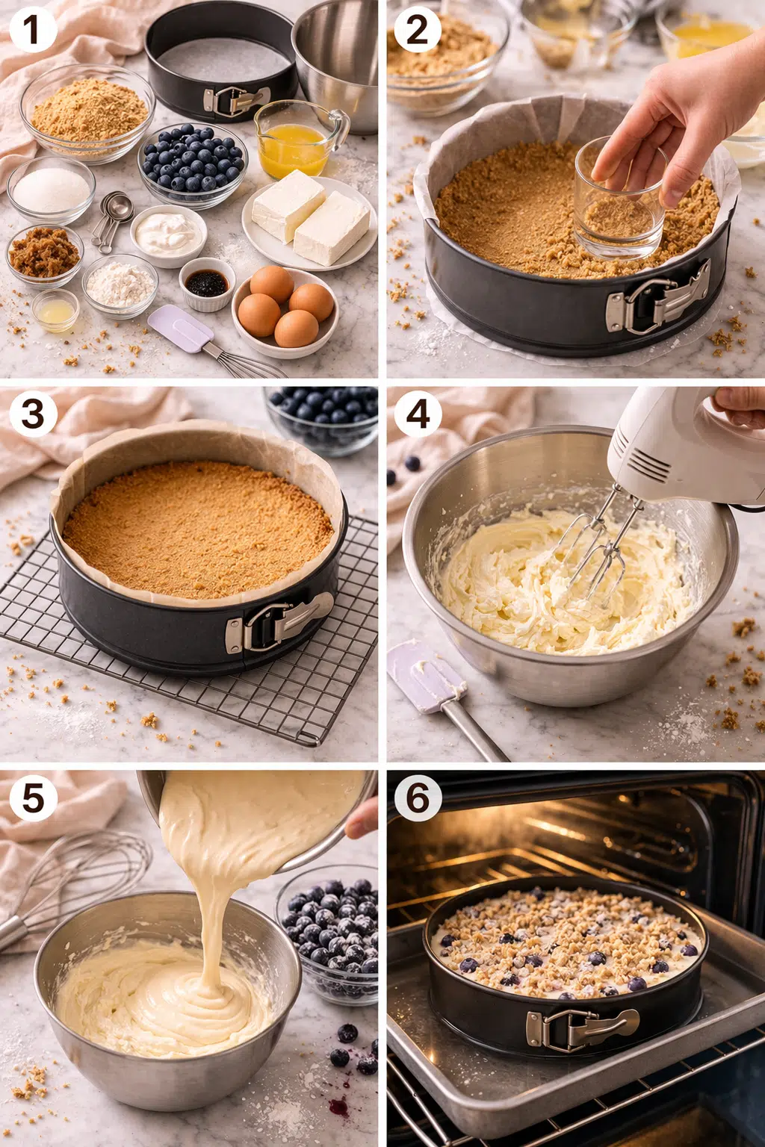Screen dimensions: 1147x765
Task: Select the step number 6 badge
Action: pyautogui.click(x=418, y=798)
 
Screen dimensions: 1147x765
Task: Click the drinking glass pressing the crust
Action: pyautogui.click(x=619, y=198)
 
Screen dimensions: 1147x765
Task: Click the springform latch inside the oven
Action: pyautogui.click(x=581, y=1028)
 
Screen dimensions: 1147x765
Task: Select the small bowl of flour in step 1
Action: pyautogui.click(x=120, y=285)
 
